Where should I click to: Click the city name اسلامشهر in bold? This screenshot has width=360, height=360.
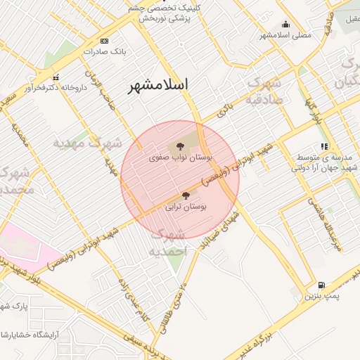(159, 86)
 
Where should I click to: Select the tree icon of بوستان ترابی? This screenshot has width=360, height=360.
(186, 195)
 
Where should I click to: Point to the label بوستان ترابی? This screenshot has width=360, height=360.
(186, 207)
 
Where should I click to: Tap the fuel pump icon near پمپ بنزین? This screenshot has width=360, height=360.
(321, 285)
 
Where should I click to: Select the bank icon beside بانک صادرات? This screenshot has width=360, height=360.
(105, 41)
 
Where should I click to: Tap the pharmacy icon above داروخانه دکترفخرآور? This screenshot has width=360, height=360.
(56, 77)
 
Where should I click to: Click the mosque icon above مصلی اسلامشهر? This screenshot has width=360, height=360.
(285, 24)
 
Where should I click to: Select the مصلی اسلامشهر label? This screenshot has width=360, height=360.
(285, 34)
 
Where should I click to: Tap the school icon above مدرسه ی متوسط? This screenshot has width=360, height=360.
(324, 146)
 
